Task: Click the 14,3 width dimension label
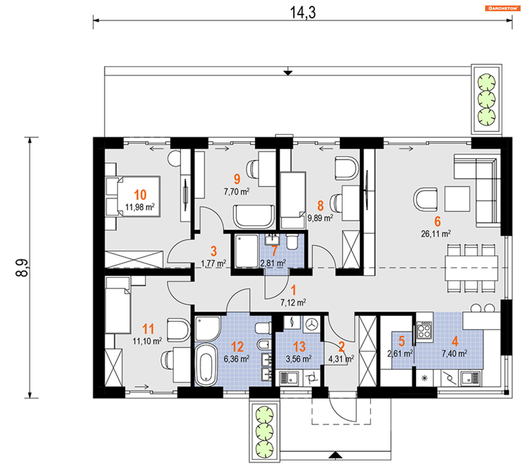[x=303, y=13]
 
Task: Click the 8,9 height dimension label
[x=22, y=268]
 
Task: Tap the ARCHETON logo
[x=502, y=8]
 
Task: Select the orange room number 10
[x=140, y=195]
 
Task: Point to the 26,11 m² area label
[x=436, y=234]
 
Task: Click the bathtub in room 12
[x=206, y=365]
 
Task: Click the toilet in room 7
[x=292, y=241]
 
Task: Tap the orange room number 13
[x=299, y=347]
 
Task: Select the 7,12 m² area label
[x=293, y=302]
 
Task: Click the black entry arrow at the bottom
[x=335, y=455]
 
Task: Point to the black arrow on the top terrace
[x=288, y=73]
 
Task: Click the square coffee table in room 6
[x=457, y=199]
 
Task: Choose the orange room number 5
[x=402, y=341]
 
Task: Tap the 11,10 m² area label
[x=147, y=341]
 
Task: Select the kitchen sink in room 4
[x=470, y=378]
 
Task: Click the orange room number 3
[x=214, y=251]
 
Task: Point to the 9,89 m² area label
[x=320, y=218]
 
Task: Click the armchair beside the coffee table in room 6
[x=425, y=199]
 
